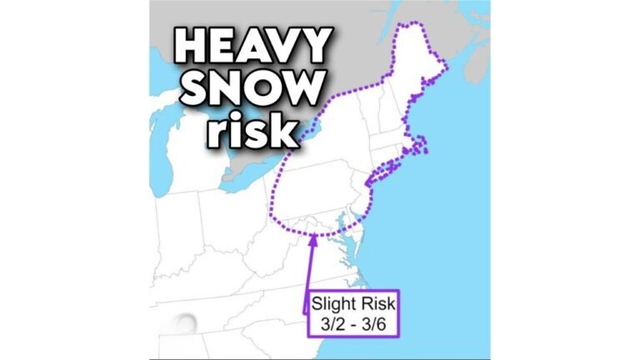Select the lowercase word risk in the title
(249, 128)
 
